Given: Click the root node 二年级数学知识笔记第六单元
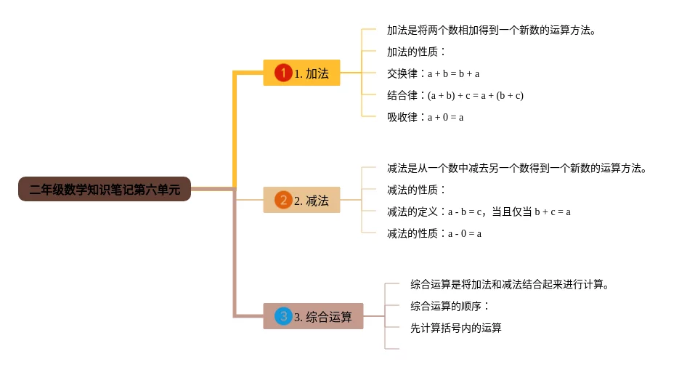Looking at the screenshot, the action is click(x=105, y=189).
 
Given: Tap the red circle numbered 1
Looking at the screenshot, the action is click(x=283, y=73).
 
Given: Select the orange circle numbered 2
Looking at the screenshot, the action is click(x=283, y=200).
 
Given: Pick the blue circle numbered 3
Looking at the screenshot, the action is click(x=283, y=316).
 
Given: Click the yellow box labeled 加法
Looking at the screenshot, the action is click(x=301, y=73).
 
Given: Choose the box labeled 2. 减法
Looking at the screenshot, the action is click(x=301, y=200).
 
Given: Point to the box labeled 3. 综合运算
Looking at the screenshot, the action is click(x=313, y=316).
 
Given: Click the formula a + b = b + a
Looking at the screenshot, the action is click(x=453, y=73).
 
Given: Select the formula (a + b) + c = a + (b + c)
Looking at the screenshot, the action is click(x=475, y=95).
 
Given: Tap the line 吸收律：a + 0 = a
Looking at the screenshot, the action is click(x=425, y=117).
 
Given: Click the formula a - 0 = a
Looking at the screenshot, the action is click(x=465, y=234).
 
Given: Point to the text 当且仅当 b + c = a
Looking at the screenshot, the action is click(x=531, y=211).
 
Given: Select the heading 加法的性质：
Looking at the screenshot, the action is click(x=416, y=52).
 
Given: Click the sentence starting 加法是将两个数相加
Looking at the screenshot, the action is click(x=491, y=31).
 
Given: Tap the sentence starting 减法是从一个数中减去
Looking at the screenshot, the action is click(x=517, y=168).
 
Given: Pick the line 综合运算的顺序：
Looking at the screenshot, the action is click(x=450, y=306).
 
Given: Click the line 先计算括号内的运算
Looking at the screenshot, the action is click(x=455, y=328).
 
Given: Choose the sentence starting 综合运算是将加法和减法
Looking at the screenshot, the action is click(x=510, y=284).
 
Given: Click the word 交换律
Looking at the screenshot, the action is click(x=402, y=73).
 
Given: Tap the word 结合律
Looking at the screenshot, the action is click(x=402, y=95).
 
